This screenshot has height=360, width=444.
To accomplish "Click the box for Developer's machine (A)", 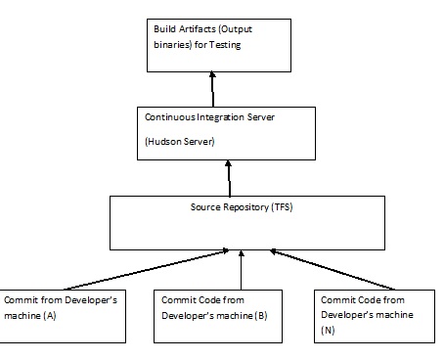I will point(64,315).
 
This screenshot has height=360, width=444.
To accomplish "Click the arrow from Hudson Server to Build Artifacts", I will point(210,88).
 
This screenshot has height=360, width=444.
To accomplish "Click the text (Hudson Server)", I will point(180,141).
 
